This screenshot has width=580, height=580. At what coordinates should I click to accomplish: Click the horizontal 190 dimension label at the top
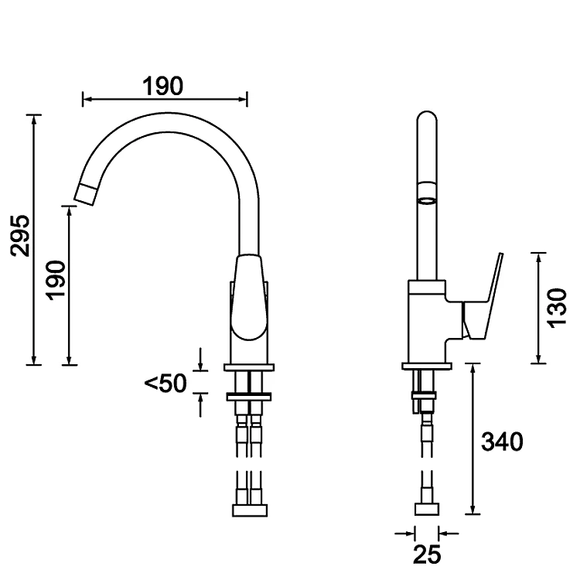click(x=162, y=86)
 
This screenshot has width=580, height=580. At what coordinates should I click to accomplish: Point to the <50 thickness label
click(x=165, y=383)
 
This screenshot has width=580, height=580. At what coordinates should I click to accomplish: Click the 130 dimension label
click(x=558, y=308)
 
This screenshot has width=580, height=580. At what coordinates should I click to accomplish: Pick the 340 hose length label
click(x=502, y=442)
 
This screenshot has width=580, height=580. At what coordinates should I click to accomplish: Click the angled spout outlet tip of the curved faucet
click(x=87, y=192)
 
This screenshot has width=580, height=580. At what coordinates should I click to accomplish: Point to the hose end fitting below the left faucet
click(x=250, y=510)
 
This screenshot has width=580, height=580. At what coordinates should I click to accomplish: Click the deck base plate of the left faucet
click(x=249, y=367)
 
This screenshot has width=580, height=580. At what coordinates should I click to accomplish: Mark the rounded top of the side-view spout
click(x=426, y=120)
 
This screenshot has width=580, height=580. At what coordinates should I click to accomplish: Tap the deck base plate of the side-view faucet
click(x=427, y=366)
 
